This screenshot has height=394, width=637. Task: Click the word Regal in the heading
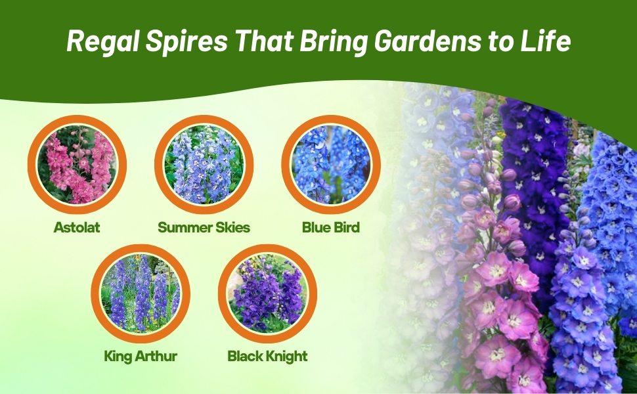coord(103,41)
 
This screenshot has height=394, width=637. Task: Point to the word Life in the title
coord(547,40)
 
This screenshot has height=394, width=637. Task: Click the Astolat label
coord(77,227)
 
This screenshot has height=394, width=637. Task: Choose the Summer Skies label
coord(204,227)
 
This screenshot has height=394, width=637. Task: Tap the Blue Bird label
coord(331,227)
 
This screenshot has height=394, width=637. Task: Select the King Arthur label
coord(141,356)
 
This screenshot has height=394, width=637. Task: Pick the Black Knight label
coord(268,356)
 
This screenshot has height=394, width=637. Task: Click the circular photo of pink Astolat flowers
coord(77,165)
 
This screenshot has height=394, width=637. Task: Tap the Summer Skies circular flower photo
coord(204,165)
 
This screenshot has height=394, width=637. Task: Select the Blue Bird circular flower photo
coord(331,165)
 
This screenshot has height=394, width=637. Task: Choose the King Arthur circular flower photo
coord(141,294)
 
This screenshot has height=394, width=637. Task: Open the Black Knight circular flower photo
coord(268,294)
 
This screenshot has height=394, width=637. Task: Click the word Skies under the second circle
coord(230,227)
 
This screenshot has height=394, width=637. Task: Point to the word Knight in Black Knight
coord(286,356)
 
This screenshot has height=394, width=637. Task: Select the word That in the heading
coord(264,41)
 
